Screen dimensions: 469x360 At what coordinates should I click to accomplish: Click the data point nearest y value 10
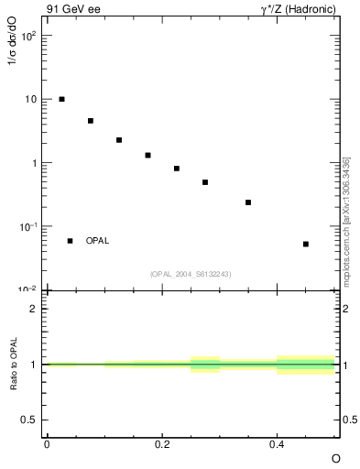click(61, 99)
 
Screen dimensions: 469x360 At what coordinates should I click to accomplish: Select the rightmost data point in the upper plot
click(306, 244)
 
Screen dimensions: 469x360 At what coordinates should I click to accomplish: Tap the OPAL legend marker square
click(70, 241)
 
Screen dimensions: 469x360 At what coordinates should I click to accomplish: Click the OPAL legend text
click(97, 241)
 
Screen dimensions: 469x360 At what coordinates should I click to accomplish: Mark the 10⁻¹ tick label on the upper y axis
click(30, 226)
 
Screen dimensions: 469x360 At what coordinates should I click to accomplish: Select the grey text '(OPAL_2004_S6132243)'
click(191, 274)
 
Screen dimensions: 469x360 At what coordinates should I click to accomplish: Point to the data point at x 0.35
click(248, 202)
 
